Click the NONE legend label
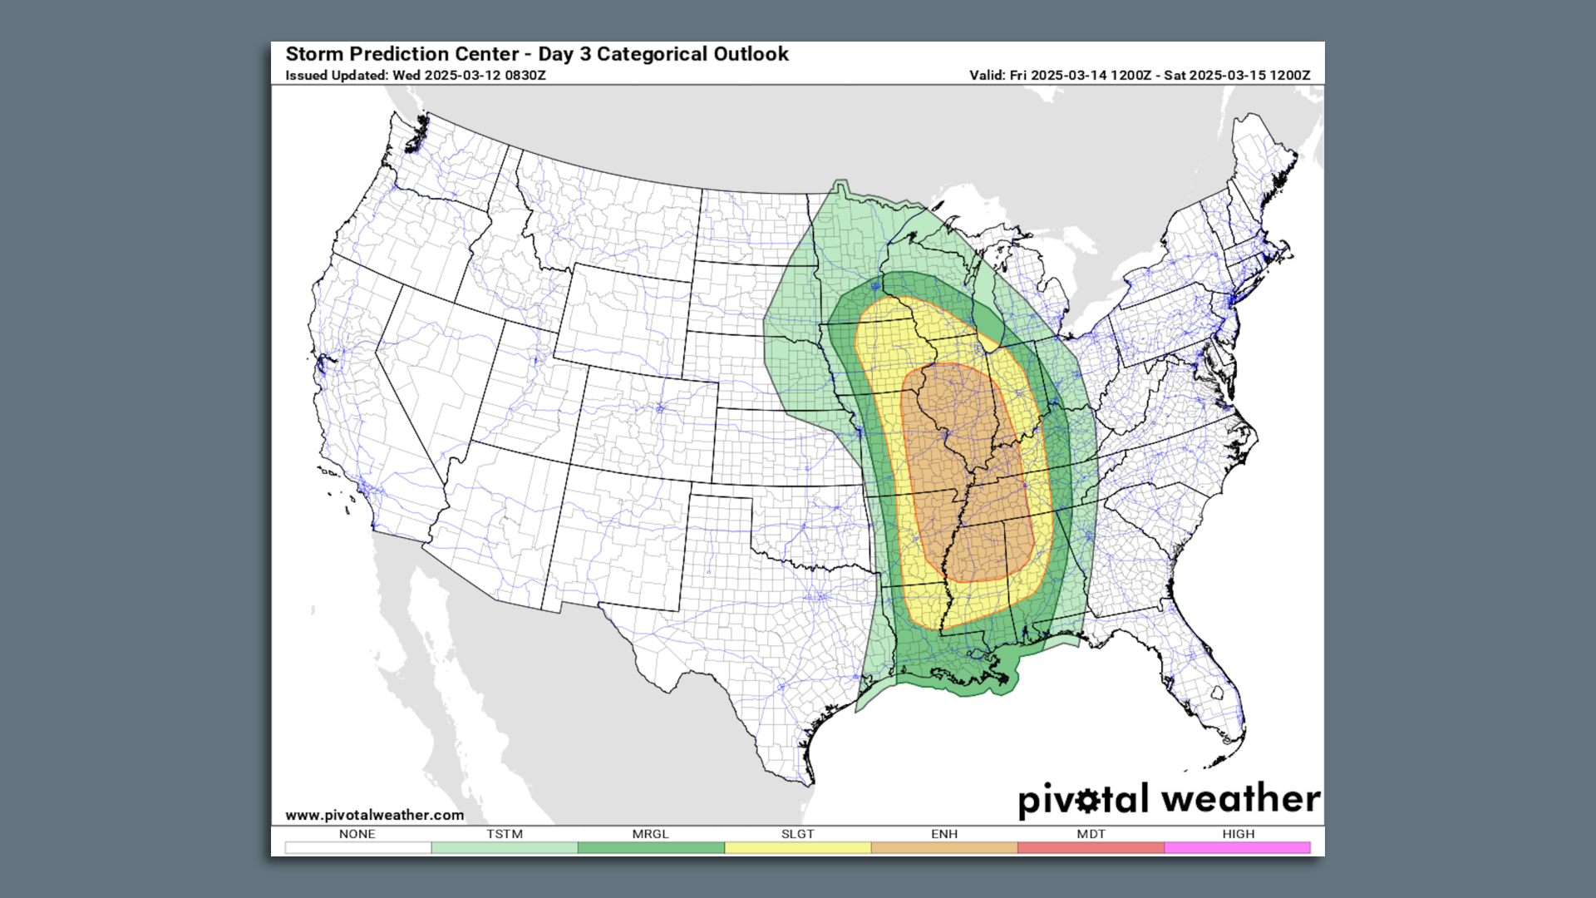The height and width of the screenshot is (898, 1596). pyautogui.click(x=357, y=834)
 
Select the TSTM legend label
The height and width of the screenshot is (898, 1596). pyautogui.click(x=505, y=834)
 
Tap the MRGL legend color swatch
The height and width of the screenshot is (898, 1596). pyautogui.click(x=651, y=847)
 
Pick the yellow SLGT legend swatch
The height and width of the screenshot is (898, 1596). pyautogui.click(x=797, y=847)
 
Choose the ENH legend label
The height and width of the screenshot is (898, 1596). pyautogui.click(x=944, y=834)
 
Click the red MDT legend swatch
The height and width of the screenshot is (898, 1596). pyautogui.click(x=1091, y=847)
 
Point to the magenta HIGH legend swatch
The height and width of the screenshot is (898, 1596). pyautogui.click(x=1237, y=847)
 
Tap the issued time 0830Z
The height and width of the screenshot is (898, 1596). pyautogui.click(x=525, y=76)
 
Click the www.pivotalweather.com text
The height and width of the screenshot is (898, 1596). pyautogui.click(x=374, y=815)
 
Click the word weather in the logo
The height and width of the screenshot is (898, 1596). pyautogui.click(x=1240, y=799)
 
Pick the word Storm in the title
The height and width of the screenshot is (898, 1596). pyautogui.click(x=315, y=55)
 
